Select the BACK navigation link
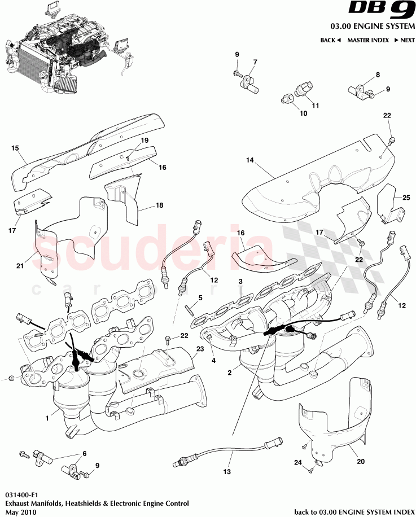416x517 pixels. click(x=331, y=41)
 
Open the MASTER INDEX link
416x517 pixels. click(x=367, y=41)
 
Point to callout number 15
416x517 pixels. click(x=15, y=148)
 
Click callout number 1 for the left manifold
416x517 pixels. click(x=48, y=418)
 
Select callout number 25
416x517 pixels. click(x=405, y=197)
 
